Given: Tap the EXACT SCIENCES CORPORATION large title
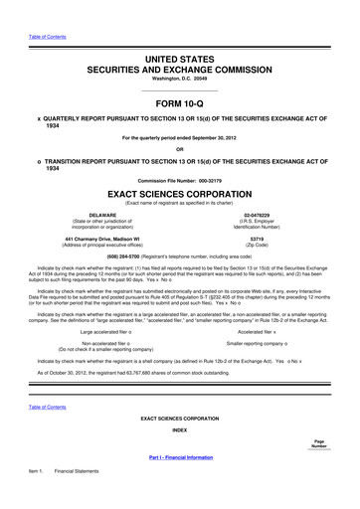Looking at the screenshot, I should point(179,195).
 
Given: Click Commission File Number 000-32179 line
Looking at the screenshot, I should point(179,179).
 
